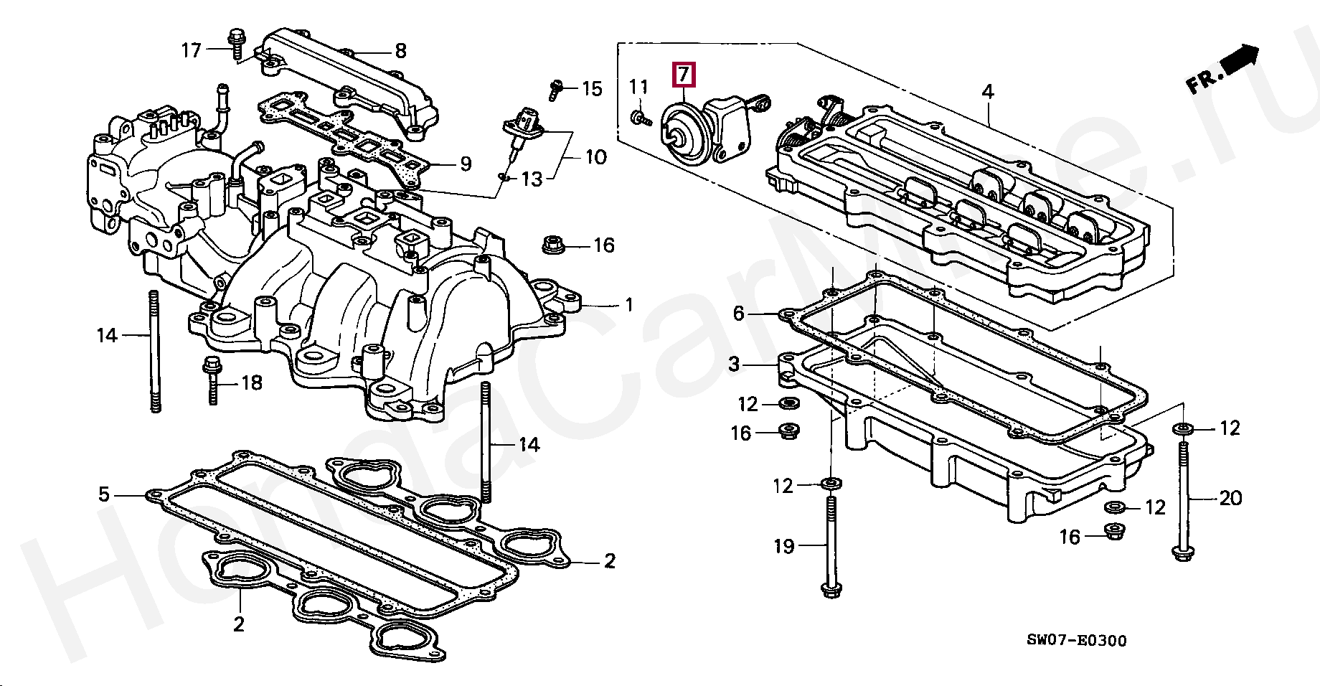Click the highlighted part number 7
coord(683,75)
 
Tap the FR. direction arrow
coord(1239,61)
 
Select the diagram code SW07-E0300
coord(1076,641)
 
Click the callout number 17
coord(191,50)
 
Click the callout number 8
coord(400,51)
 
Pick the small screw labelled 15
coord(555,89)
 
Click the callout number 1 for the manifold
coord(629,305)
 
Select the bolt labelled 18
coord(212,380)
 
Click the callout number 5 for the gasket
coord(104,494)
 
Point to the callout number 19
coord(784,547)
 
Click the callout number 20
coord(1230,498)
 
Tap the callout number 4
coord(988,92)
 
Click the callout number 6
coord(738,314)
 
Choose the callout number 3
coord(733,365)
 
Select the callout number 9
coord(466,164)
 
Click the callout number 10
coord(596,157)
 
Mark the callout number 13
coord(532,179)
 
